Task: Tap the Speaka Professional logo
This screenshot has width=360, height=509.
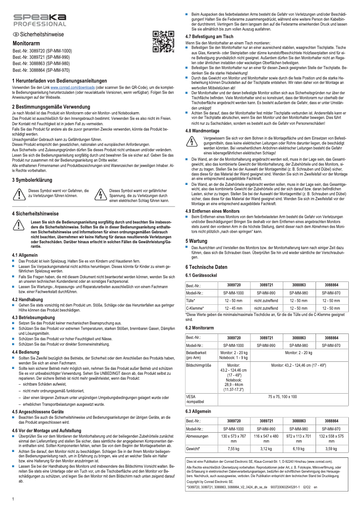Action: (39, 20)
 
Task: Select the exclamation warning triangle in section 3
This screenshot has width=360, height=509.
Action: (19, 194)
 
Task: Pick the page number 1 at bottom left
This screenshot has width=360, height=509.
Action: (13, 499)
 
